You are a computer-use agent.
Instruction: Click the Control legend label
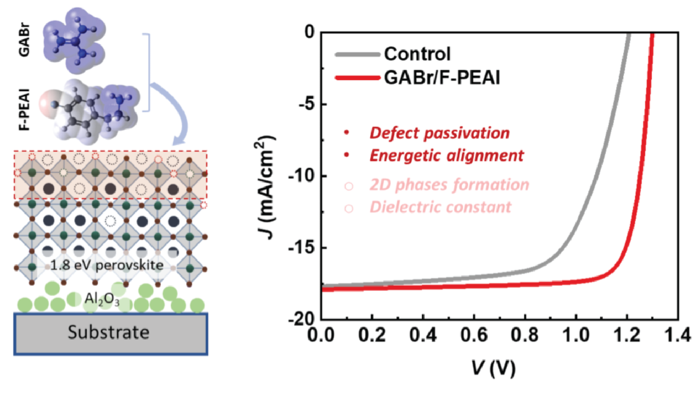[x=417, y=54]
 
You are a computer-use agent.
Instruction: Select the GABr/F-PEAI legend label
[x=442, y=77]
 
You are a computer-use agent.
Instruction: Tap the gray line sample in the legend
[x=357, y=55]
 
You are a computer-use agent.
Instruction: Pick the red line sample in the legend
[x=357, y=77]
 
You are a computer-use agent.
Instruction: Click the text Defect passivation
[x=440, y=133]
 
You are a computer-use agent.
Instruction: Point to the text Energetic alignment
[x=447, y=156]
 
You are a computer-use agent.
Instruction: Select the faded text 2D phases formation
[x=450, y=185]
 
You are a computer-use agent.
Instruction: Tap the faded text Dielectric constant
[x=441, y=207]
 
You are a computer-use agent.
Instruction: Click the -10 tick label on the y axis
[x=301, y=176]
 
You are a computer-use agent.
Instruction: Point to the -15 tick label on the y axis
[x=301, y=247]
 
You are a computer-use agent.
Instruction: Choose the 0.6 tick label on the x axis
[x=474, y=335]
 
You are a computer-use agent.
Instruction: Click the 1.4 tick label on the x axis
[x=677, y=335]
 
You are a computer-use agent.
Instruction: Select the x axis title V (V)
[x=493, y=368]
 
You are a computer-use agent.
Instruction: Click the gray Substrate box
[x=111, y=334]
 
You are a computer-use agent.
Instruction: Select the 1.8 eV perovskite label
[x=107, y=265]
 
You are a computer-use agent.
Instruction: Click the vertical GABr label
[x=24, y=41]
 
